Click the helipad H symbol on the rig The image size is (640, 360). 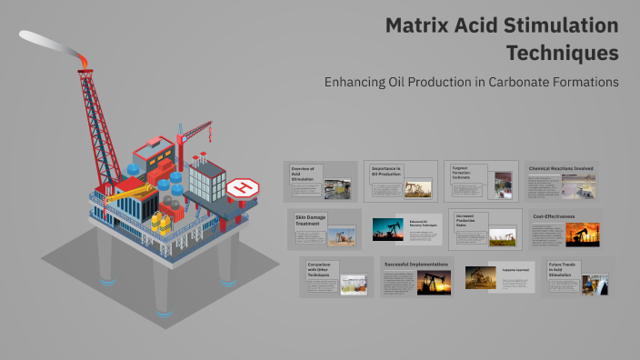[x=243, y=188]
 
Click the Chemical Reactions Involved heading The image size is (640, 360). [x=561, y=168]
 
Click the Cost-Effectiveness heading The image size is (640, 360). [x=555, y=216]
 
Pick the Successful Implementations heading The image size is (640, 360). [x=416, y=265]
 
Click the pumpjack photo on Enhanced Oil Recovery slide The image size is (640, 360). [x=387, y=228]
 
